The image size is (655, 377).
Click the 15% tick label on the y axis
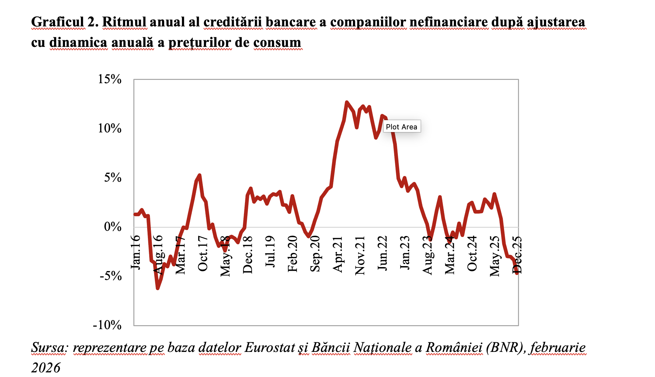pyautogui.click(x=110, y=79)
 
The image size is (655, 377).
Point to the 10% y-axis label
pyautogui.click(x=110, y=128)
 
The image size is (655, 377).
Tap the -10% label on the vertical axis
pyautogui.click(x=107, y=325)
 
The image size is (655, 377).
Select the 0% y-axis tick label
pyautogui.click(x=113, y=227)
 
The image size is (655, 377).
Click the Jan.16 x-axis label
pyautogui.click(x=136, y=253)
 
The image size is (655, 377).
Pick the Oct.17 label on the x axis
pyautogui.click(x=203, y=254)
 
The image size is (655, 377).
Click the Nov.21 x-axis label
pyautogui.click(x=360, y=256)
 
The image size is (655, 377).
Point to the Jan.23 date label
pyautogui.click(x=405, y=253)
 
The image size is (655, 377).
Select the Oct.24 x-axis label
pyautogui.click(x=472, y=254)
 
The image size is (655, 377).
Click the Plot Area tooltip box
pyautogui.click(x=401, y=126)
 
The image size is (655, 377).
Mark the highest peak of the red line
pyautogui.click(x=346, y=102)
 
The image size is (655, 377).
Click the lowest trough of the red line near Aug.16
pyautogui.click(x=157, y=288)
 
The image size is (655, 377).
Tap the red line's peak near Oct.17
pyautogui.click(x=199, y=175)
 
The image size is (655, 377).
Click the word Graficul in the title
pyautogui.click(x=58, y=22)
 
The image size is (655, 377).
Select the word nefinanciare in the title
pyautogui.click(x=449, y=22)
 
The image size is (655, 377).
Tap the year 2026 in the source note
pyautogui.click(x=46, y=368)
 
